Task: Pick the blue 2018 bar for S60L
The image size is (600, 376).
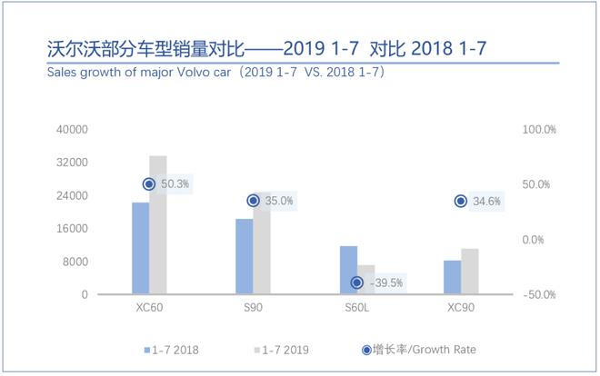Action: coord(348,270)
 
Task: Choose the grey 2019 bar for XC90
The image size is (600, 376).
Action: coord(470,272)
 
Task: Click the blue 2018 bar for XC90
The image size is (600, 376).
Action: coord(452,277)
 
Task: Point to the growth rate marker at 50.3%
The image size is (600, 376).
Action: coord(149,184)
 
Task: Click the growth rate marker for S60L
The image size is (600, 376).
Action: coord(357,282)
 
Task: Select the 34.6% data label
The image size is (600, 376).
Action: coord(487,202)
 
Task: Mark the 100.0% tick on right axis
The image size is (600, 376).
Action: coord(538,130)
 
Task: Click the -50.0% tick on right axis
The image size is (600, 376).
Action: coord(538,294)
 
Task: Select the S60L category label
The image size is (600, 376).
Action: coord(357,309)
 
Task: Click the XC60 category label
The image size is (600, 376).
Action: coord(149,309)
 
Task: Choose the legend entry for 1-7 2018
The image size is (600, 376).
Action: coord(173,349)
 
